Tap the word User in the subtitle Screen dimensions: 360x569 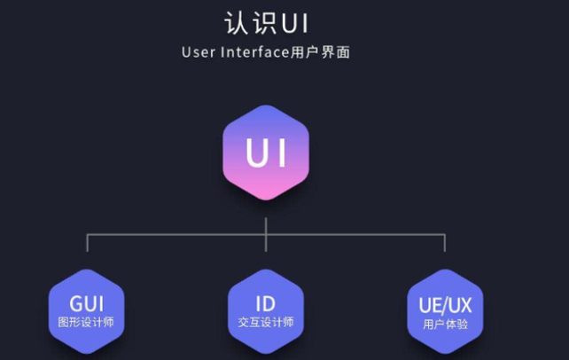[x=197, y=52]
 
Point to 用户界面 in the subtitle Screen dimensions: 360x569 [x=321, y=52]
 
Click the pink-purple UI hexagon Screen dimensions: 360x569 [x=266, y=153]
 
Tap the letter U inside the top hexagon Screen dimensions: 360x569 [x=255, y=153]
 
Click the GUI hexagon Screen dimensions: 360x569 [x=86, y=310]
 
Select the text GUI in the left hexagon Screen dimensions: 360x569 [x=86, y=304]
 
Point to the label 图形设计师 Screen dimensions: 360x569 [x=86, y=323]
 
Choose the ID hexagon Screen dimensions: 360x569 [x=266, y=310]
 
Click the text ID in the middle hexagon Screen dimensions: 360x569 [x=266, y=304]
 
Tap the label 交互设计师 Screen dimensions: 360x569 [x=266, y=323]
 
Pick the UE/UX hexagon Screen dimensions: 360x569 [x=445, y=310]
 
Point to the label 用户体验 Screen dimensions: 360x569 [x=445, y=324]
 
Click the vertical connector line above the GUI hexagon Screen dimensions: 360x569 [x=87, y=244]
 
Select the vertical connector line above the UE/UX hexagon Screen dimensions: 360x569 [x=445, y=244]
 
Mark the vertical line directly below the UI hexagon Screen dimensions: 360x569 [x=266, y=218]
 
